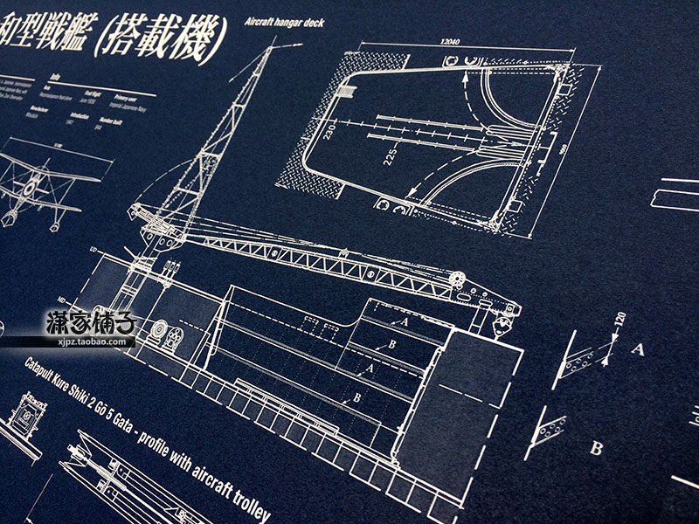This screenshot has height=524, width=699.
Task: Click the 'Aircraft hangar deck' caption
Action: pyautogui.click(x=285, y=23)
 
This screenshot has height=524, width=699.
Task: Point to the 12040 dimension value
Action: pyautogui.click(x=450, y=41)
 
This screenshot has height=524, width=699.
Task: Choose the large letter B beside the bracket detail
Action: pyautogui.click(x=597, y=448)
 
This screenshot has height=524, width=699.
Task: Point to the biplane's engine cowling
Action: pyautogui.click(x=31, y=185)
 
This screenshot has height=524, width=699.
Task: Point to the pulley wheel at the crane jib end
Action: pyautogui.click(x=456, y=278)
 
